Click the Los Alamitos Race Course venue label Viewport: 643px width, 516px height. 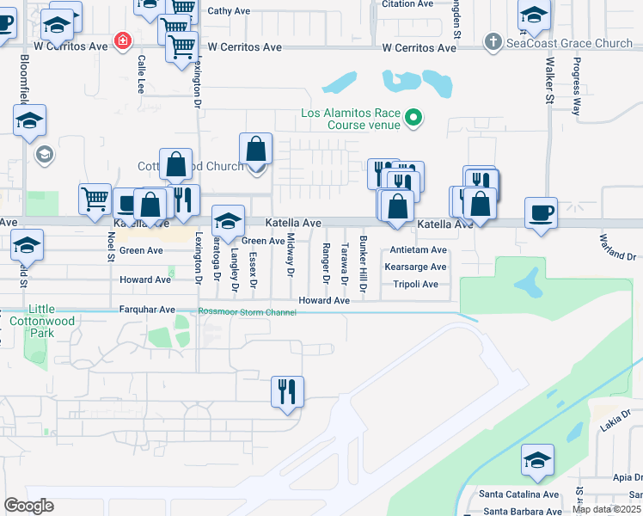click(350, 120)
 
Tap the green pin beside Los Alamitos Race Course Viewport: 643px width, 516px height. click(413, 118)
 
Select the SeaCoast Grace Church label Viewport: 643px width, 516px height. click(570, 42)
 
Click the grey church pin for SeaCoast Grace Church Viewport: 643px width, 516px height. click(493, 41)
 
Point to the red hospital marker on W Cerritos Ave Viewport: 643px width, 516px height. click(123, 41)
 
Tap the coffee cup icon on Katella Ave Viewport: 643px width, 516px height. click(541, 213)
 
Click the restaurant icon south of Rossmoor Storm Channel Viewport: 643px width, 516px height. click(286, 391)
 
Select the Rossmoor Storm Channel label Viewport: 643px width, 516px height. click(247, 312)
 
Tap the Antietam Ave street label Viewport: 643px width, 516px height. click(419, 250)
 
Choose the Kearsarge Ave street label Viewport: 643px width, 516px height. click(415, 267)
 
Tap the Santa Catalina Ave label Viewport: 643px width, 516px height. click(519, 494)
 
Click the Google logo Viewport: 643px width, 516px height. click(28, 506)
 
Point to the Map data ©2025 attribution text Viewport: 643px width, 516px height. click(607, 509)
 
